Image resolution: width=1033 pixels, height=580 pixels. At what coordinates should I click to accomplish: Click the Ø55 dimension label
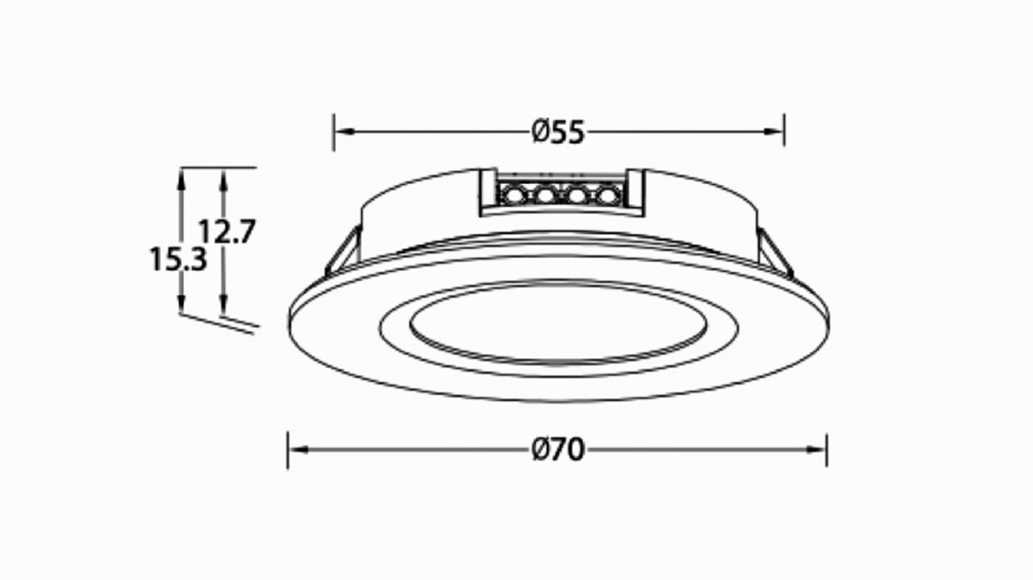558,132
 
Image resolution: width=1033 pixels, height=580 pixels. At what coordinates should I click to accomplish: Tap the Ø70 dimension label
558,449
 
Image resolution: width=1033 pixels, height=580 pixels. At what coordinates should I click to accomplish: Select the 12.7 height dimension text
227,231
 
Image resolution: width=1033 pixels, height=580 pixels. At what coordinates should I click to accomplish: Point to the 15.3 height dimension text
179,259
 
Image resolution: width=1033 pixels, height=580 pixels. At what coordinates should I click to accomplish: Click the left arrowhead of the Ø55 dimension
344,132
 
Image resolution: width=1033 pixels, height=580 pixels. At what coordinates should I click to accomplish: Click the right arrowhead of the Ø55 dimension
774,132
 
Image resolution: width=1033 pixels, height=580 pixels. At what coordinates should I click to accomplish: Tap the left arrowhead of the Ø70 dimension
299,449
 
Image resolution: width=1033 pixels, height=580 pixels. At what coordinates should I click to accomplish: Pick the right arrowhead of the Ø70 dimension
816,449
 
